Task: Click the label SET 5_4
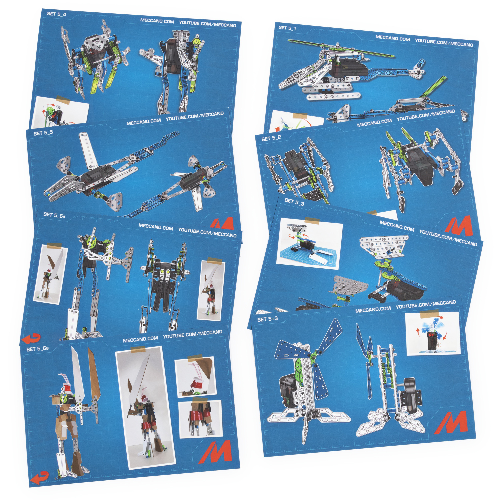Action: click(x=56, y=14)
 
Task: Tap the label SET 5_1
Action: click(x=287, y=28)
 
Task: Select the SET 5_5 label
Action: click(x=43, y=133)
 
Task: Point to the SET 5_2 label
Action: click(x=271, y=138)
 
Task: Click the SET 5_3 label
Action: click(x=294, y=202)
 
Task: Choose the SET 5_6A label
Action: click(x=54, y=215)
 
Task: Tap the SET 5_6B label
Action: click(x=37, y=349)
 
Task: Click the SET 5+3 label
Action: click(x=267, y=319)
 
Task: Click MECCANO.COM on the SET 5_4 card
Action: click(x=157, y=21)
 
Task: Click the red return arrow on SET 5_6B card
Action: click(x=39, y=477)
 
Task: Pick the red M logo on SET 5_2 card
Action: click(x=459, y=225)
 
